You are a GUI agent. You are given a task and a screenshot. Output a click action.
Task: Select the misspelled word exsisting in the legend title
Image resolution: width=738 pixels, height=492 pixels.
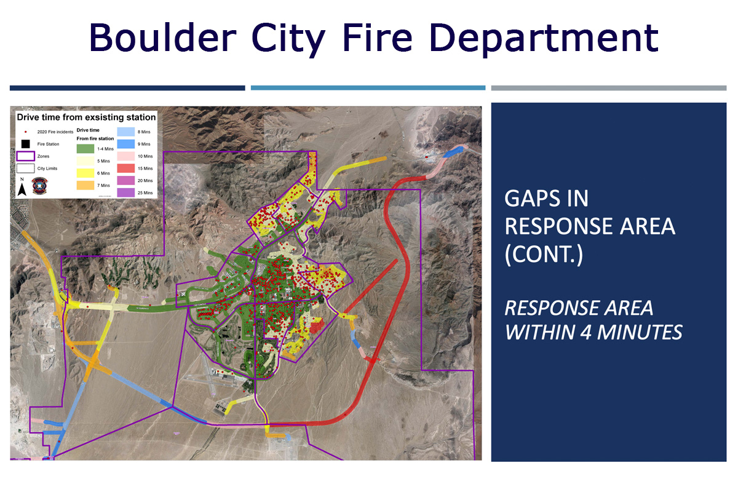click(x=107, y=116)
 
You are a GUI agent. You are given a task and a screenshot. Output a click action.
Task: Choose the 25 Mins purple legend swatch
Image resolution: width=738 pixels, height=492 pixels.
click(x=126, y=192)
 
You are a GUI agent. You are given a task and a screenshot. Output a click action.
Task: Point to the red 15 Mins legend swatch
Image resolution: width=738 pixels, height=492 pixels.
click(x=126, y=168)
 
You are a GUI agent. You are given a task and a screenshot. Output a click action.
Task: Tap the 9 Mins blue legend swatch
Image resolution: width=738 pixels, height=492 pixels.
click(x=126, y=143)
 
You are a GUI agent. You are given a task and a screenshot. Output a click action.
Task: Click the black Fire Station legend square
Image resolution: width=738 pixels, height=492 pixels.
click(x=25, y=144)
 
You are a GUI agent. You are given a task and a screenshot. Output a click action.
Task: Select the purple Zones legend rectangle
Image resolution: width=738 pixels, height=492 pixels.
click(x=25, y=156)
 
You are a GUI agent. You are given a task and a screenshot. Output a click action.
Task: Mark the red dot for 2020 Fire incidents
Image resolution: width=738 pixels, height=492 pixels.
click(x=25, y=132)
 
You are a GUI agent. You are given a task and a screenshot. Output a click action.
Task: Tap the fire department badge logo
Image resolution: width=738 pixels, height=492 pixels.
click(x=40, y=186)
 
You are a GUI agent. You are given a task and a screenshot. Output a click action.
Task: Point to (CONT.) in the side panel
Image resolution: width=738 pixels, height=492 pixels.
click(x=544, y=255)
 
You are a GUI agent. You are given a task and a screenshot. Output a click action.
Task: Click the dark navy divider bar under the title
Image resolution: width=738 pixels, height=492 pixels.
click(x=127, y=88)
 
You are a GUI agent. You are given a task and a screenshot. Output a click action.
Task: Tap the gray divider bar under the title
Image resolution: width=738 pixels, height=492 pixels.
click(x=609, y=88)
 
